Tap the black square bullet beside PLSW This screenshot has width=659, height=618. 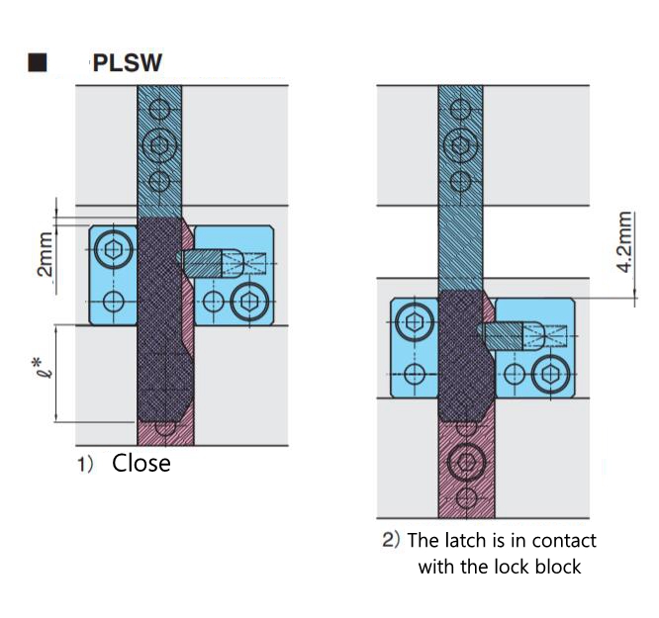tap(39, 63)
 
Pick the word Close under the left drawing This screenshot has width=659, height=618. tap(141, 463)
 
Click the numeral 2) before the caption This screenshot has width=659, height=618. tap(391, 541)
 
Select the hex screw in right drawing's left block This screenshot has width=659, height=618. tap(414, 321)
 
